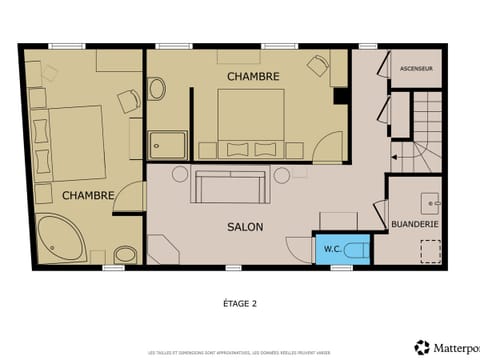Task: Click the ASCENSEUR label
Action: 415,69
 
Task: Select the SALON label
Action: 244,227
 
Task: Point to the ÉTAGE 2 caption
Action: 240,301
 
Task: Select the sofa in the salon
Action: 229,186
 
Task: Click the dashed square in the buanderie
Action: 430,251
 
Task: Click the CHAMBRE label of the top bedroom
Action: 252,76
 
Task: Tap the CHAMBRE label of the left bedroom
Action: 87,195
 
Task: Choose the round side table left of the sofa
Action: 180,173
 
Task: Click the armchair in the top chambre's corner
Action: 319,67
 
